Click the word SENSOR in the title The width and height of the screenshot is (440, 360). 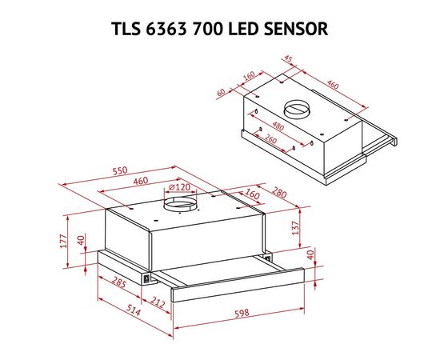point(296,29)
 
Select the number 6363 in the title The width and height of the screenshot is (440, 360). point(166,29)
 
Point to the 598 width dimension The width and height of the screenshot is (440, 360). point(242,313)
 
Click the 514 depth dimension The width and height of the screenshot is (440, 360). point(134,310)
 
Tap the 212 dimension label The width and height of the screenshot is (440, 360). point(158,302)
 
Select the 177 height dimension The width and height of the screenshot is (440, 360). point(64,241)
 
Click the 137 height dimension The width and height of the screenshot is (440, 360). point(296,228)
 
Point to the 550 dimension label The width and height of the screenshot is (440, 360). point(120,170)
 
